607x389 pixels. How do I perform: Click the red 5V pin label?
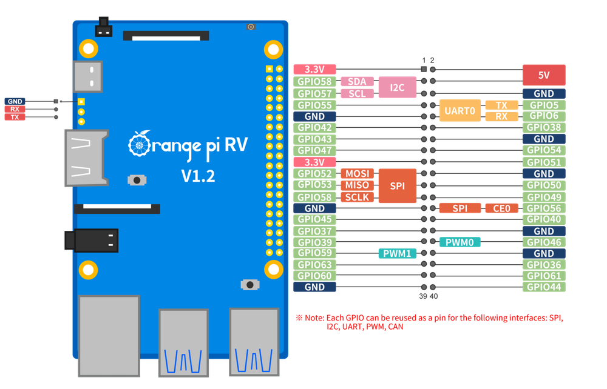pyautogui.click(x=544, y=75)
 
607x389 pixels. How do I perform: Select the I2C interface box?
pyautogui.click(x=398, y=87)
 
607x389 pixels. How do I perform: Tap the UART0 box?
pyautogui.click(x=459, y=111)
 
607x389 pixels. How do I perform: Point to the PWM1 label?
pyautogui.click(x=398, y=253)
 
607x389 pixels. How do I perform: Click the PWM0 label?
pyautogui.click(x=460, y=242)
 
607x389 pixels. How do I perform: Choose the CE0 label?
pyautogui.click(x=502, y=208)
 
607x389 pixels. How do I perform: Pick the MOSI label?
pyautogui.click(x=358, y=174)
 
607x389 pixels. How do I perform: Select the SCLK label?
pyautogui.click(x=358, y=197)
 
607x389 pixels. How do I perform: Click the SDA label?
pyautogui.click(x=357, y=82)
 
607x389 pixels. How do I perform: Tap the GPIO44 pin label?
pyautogui.click(x=544, y=287)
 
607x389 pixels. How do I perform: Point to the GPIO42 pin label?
pyautogui.click(x=314, y=128)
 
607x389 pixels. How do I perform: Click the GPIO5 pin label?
pyautogui.click(x=544, y=105)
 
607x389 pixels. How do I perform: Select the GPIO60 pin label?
pyautogui.click(x=314, y=276)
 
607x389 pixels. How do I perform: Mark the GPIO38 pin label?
pyautogui.click(x=544, y=128)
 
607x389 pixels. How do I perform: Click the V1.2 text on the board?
pyautogui.click(x=198, y=176)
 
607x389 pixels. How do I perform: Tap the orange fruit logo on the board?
pyautogui.click(x=138, y=144)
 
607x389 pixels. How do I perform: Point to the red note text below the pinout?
pyautogui.click(x=433, y=322)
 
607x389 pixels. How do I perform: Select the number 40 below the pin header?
pyautogui.click(x=433, y=296)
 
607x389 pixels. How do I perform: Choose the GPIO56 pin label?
pyautogui.click(x=544, y=208)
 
